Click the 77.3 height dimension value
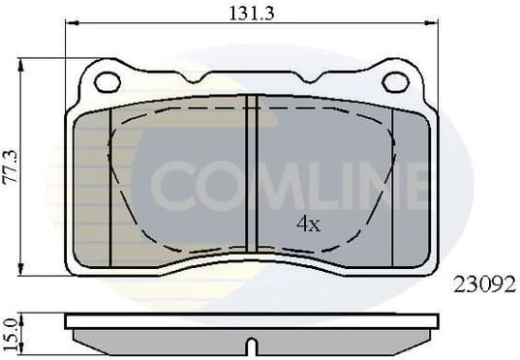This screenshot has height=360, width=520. point(11,165)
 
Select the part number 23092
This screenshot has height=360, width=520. point(485,285)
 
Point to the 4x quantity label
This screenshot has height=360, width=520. point(308,225)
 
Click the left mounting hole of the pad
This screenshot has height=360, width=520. point(107,81)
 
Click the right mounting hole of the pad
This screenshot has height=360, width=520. point(395,81)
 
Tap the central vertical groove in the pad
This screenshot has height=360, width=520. point(252,174)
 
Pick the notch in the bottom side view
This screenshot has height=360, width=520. point(252,344)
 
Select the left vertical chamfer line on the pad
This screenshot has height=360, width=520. point(111,184)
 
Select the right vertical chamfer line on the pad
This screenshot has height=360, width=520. point(392,184)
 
